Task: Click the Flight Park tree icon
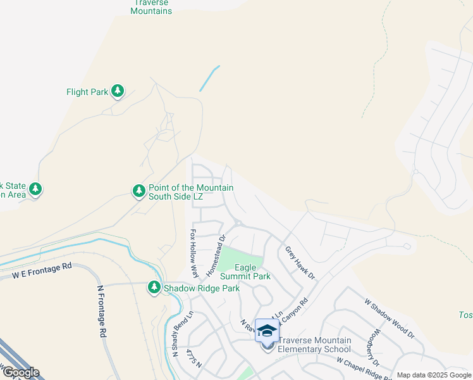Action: (x=118, y=92)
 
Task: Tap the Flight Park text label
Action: (x=87, y=92)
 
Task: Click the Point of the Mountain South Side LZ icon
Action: (x=138, y=191)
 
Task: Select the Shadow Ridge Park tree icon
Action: (x=154, y=288)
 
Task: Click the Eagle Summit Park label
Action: (x=245, y=272)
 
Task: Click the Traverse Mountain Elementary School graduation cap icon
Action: (x=267, y=331)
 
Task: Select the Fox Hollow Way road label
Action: (x=194, y=254)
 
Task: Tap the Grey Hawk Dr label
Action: (x=300, y=263)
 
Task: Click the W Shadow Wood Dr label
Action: (x=389, y=318)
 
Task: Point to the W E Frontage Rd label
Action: (x=42, y=272)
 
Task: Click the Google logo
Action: (x=20, y=372)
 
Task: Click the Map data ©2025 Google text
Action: (x=433, y=375)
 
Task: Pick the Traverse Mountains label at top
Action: (x=151, y=8)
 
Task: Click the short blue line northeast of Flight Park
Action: (x=210, y=78)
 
